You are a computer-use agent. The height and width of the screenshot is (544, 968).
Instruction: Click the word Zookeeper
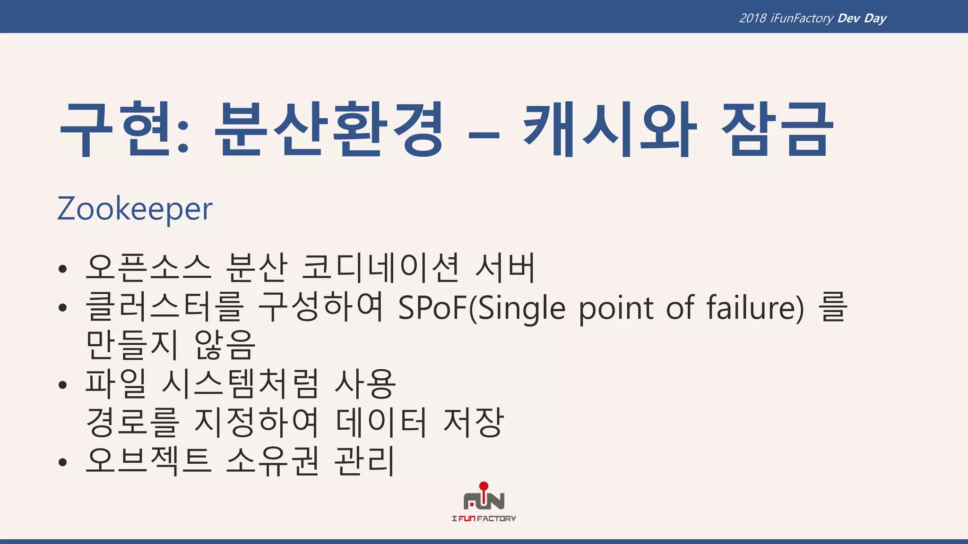point(135,209)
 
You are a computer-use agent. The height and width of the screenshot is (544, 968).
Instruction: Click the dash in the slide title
point(484,135)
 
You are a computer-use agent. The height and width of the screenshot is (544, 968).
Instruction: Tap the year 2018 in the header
point(752,18)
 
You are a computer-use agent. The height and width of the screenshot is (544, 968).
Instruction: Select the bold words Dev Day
point(862,18)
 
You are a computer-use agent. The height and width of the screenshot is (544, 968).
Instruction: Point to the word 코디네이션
point(380,267)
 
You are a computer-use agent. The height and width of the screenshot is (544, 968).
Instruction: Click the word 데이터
point(381,422)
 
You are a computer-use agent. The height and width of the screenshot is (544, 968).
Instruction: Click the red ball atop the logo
point(484,486)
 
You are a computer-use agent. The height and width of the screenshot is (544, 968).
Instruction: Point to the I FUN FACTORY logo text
point(484,518)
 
